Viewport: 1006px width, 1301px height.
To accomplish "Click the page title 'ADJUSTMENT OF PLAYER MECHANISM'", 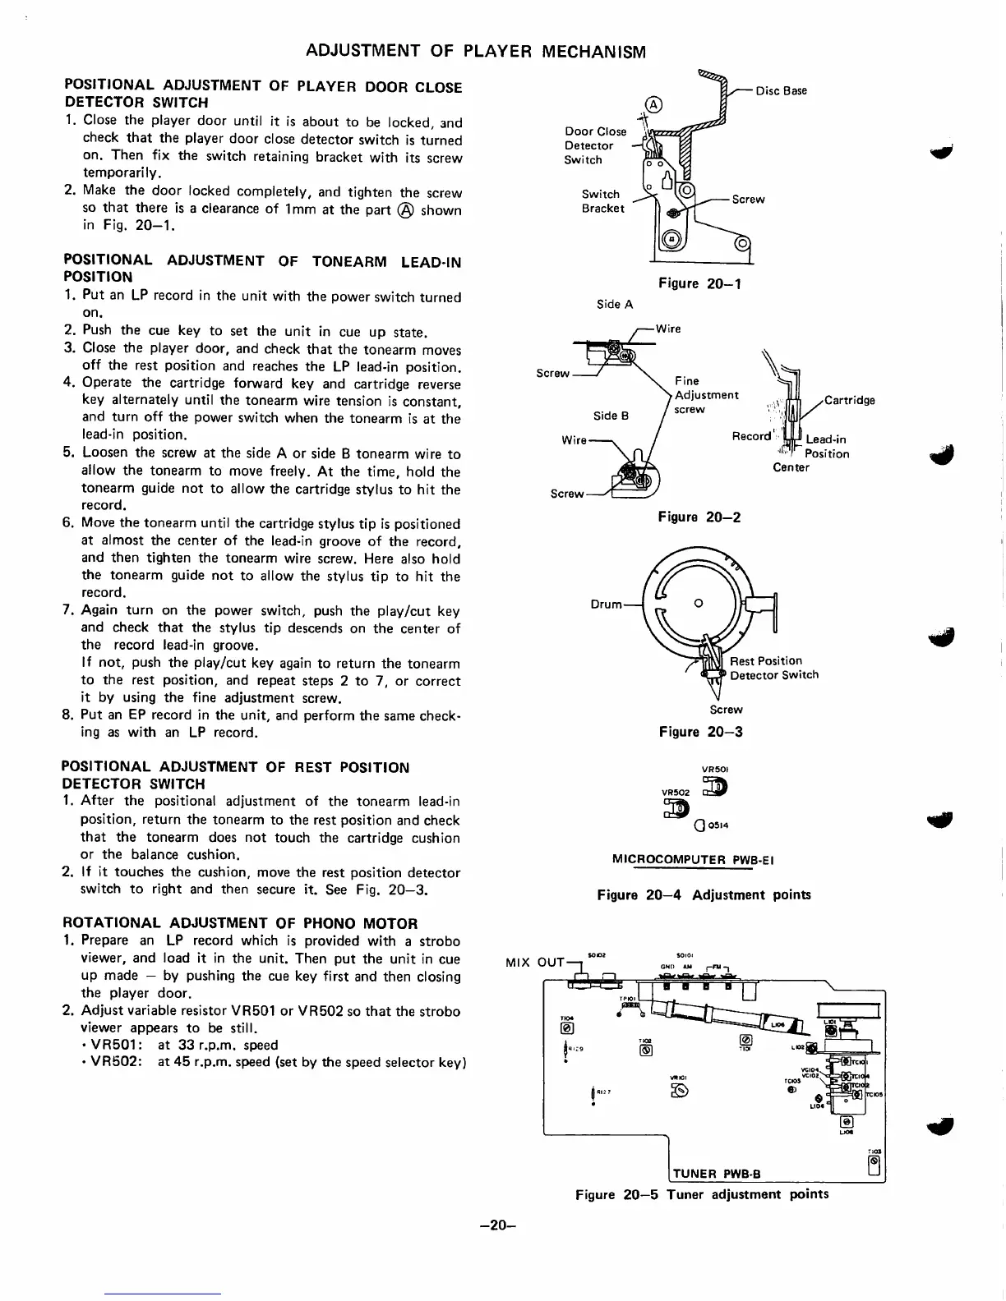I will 475,52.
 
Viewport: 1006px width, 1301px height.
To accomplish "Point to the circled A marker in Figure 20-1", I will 653,104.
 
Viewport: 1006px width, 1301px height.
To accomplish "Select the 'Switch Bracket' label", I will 602,201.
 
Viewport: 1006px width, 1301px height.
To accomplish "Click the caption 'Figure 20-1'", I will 699,283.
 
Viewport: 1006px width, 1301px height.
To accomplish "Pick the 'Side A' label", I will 615,305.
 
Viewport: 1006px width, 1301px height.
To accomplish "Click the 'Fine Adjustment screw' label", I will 705,395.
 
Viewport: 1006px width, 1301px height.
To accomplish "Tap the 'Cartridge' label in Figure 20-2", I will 849,401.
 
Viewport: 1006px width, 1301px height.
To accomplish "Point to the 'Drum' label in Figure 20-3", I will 607,605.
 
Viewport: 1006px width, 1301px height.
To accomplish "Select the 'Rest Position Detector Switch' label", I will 773,668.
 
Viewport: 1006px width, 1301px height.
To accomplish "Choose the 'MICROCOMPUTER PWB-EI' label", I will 693,860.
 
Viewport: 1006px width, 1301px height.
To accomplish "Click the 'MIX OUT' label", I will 539,962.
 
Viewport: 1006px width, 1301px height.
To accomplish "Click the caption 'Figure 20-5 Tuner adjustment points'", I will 702,1194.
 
